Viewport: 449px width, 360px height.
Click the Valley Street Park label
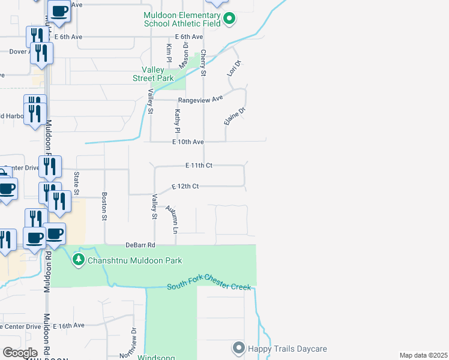click(152, 74)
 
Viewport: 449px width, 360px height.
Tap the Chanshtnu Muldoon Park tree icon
click(78, 260)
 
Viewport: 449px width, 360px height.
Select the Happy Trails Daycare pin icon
click(238, 348)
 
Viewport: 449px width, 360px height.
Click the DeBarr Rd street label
click(140, 245)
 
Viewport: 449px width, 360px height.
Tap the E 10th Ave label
click(188, 142)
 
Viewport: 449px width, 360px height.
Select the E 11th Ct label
click(199, 164)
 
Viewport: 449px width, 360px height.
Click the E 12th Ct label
click(185, 187)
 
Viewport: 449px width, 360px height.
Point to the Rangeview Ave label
click(200, 98)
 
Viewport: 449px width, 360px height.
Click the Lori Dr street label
click(234, 68)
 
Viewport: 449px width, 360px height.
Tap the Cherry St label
click(203, 63)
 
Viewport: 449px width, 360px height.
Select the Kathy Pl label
click(177, 121)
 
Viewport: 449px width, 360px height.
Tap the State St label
click(76, 183)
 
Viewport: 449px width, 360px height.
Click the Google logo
click(20, 353)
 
